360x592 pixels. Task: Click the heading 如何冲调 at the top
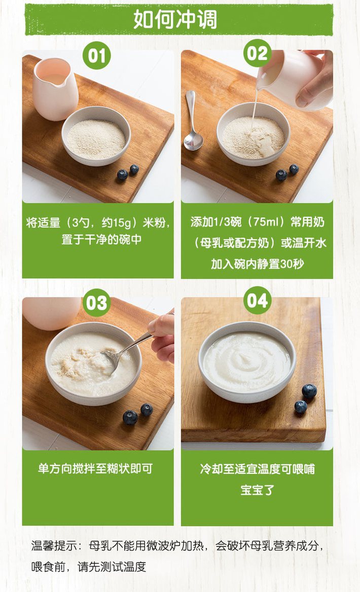click(x=175, y=19)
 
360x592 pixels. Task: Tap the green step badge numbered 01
click(x=97, y=56)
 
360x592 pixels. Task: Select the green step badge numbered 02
click(x=257, y=53)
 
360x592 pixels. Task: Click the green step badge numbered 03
click(x=97, y=303)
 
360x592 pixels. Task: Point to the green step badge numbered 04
click(x=257, y=301)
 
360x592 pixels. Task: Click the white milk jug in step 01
click(x=55, y=89)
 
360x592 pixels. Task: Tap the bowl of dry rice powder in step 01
click(x=96, y=136)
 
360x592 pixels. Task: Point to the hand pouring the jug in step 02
click(x=315, y=79)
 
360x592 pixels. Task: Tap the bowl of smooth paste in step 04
click(x=247, y=362)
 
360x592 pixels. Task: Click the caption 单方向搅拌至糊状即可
click(x=95, y=468)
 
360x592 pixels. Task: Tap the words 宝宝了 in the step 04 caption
click(x=257, y=490)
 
